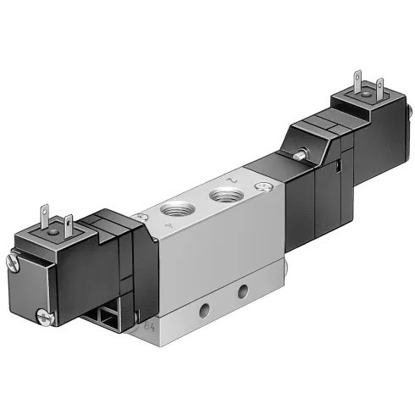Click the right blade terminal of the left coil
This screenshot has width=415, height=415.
(70, 224)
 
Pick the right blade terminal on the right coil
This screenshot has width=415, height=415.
(379, 86)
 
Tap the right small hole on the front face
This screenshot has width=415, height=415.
(243, 291)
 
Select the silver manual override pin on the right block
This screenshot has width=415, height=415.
(302, 155)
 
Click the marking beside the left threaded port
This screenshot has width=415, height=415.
(171, 228)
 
